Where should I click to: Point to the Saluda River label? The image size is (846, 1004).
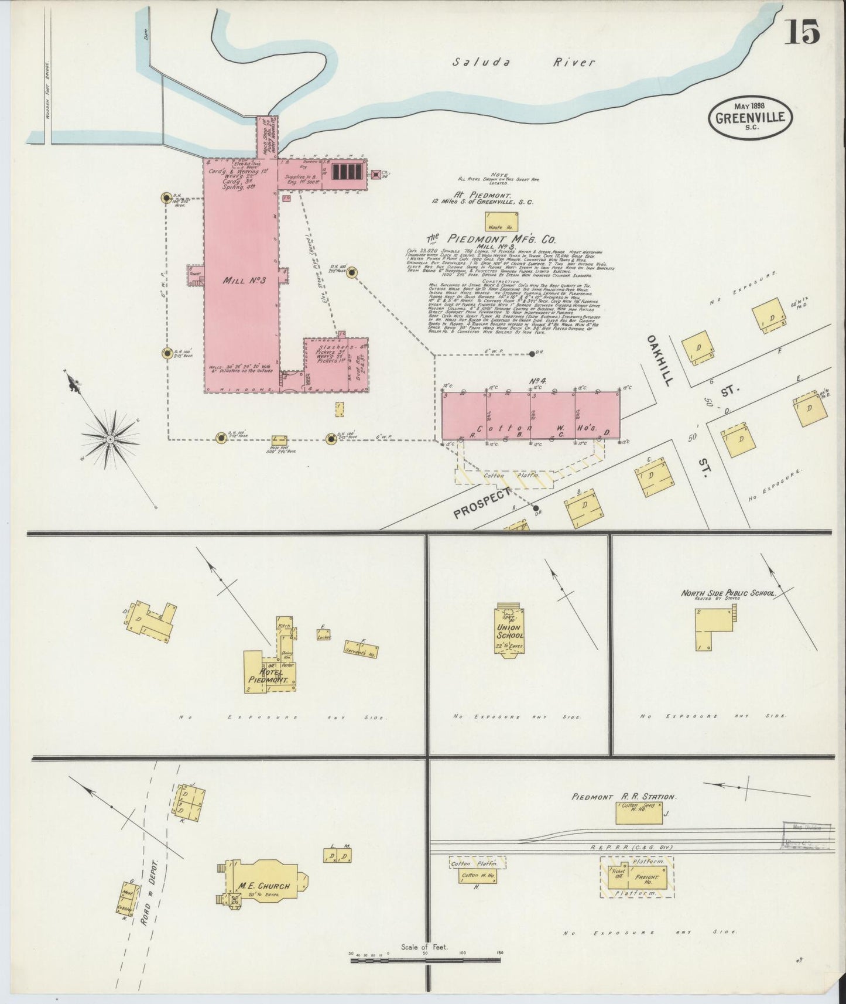[x=524, y=62]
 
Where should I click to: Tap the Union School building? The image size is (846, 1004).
[x=509, y=630]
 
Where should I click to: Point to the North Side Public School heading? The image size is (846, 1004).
[x=727, y=593]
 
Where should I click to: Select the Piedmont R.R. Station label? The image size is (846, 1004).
[x=624, y=797]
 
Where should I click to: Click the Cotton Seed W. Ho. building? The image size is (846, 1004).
[x=639, y=813]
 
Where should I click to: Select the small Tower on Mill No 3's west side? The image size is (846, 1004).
[x=194, y=275]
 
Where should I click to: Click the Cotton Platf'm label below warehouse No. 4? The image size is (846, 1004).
[x=502, y=475]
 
